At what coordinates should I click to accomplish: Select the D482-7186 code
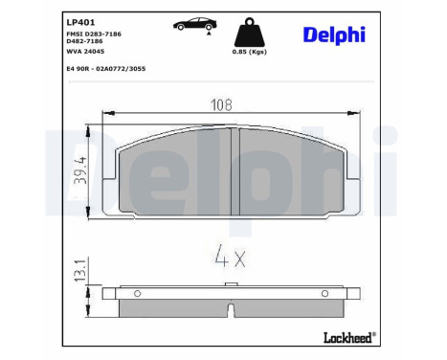pos(85,42)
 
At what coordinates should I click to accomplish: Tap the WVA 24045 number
pos(84,54)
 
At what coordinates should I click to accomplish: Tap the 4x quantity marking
pos(230,257)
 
